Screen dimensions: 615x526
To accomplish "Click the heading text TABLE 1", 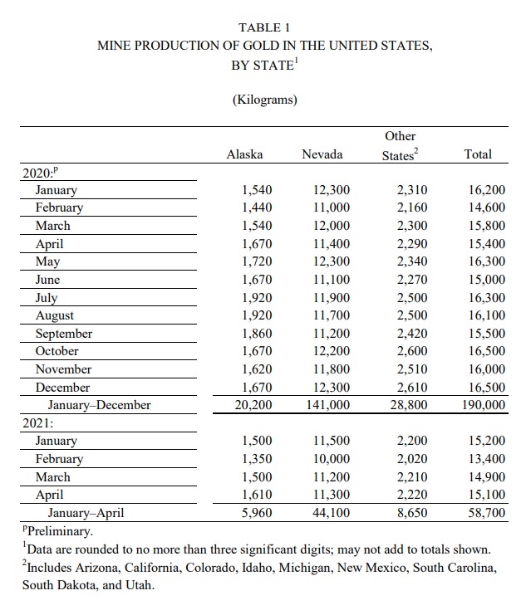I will click(x=264, y=27).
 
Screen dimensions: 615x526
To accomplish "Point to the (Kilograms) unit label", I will click(x=264, y=100).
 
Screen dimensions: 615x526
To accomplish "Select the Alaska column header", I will click(x=244, y=154).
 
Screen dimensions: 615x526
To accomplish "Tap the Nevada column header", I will click(x=322, y=154).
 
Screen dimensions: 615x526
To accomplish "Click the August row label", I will click(x=54, y=315).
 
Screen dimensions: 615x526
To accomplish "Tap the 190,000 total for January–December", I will click(x=481, y=405).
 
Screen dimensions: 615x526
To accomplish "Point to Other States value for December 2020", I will click(x=412, y=388).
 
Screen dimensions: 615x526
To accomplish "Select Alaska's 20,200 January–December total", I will click(x=253, y=405).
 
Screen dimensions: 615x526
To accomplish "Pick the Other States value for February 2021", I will click(x=412, y=459).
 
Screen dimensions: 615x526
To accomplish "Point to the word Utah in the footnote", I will click(x=142, y=585).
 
